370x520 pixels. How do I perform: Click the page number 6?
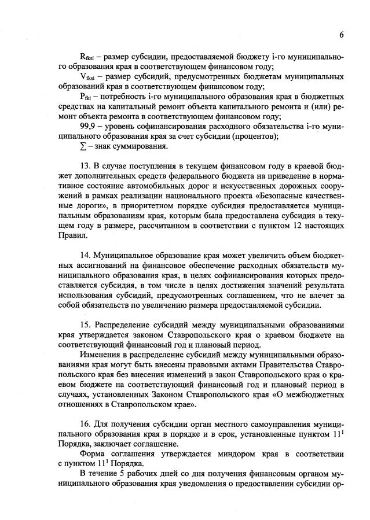342,35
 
